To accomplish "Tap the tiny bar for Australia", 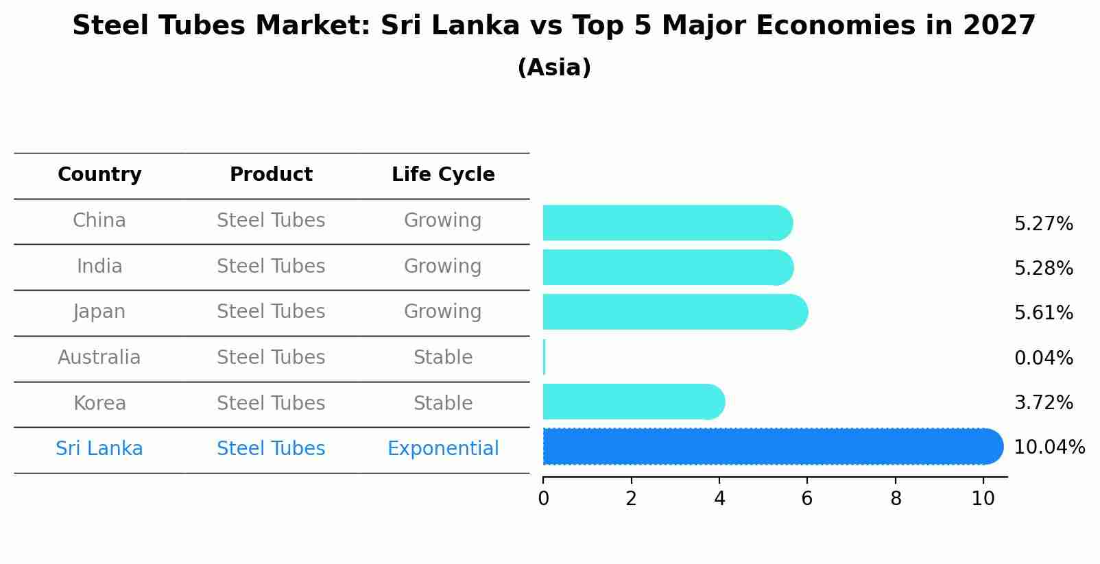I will tap(544, 357).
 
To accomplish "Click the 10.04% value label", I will tap(1049, 447).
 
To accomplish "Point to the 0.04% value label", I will tap(1043, 358).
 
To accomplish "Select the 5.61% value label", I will tap(1043, 313).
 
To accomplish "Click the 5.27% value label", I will tap(1043, 224).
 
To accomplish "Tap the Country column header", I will tap(99, 175).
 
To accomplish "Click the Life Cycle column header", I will tap(443, 175).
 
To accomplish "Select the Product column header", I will tap(271, 175).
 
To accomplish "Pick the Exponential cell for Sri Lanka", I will tap(443, 449).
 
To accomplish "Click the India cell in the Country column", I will tap(99, 267).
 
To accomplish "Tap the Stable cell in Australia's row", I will tap(443, 358).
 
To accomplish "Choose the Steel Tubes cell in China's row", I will tap(271, 221).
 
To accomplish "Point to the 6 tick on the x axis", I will tap(807, 498).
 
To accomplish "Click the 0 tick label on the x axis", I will tap(543, 498).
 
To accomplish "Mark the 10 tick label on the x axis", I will tap(983, 498).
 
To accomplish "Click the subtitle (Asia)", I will tap(554, 68).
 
